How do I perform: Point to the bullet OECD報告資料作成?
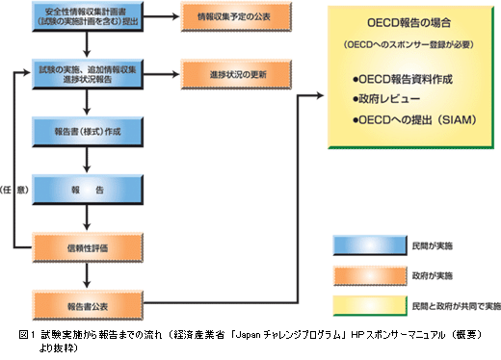point(406,78)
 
